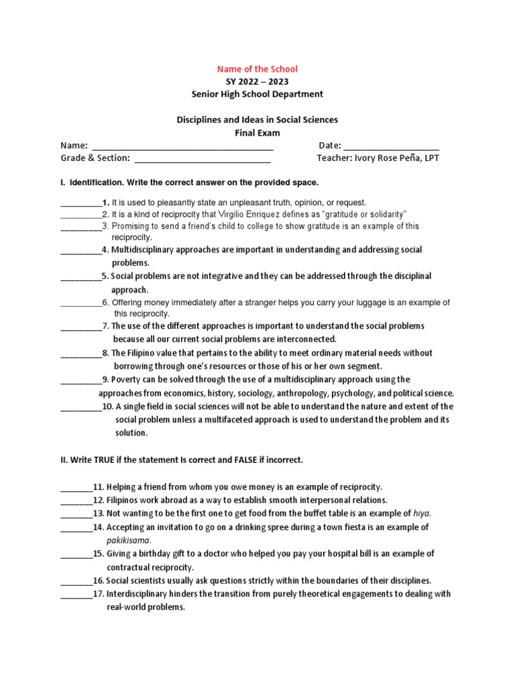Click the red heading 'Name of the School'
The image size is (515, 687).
pos(257,68)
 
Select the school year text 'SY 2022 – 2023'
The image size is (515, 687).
pos(257,81)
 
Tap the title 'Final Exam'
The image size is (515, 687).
pos(257,133)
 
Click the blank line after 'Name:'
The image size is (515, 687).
pos(182,146)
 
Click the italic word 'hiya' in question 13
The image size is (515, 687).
pos(420,513)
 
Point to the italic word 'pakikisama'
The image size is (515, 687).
pos(129,539)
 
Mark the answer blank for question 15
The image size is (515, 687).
pos(76,554)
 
